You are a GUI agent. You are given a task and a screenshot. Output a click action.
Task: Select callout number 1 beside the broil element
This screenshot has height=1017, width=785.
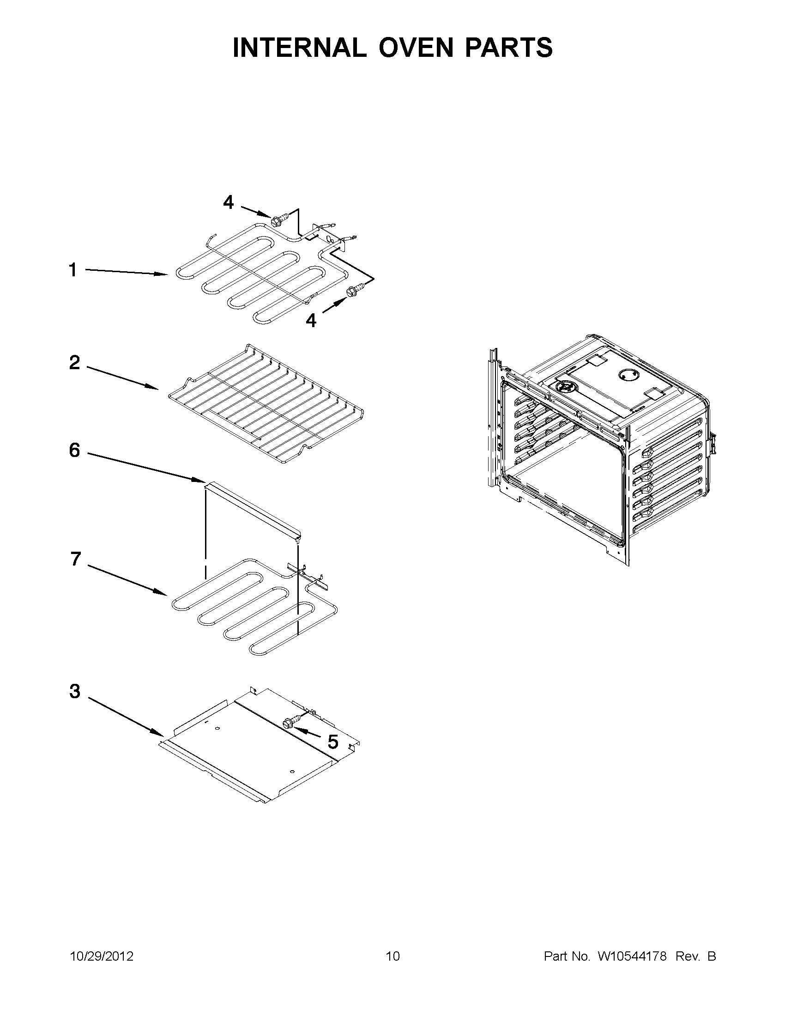coord(72,270)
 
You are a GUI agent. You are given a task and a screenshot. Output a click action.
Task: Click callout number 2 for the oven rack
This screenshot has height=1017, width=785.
coord(74,362)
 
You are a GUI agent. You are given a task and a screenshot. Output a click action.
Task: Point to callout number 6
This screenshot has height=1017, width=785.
coord(74,450)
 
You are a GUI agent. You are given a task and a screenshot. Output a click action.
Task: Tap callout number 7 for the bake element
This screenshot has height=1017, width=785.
coord(76,559)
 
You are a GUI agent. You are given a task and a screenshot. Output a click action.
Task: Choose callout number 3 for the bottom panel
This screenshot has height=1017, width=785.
coord(74,692)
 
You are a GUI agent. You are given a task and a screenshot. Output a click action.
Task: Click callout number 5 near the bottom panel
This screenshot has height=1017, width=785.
coord(333,742)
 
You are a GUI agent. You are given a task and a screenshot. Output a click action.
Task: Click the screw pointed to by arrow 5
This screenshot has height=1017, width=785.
coord(289,722)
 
